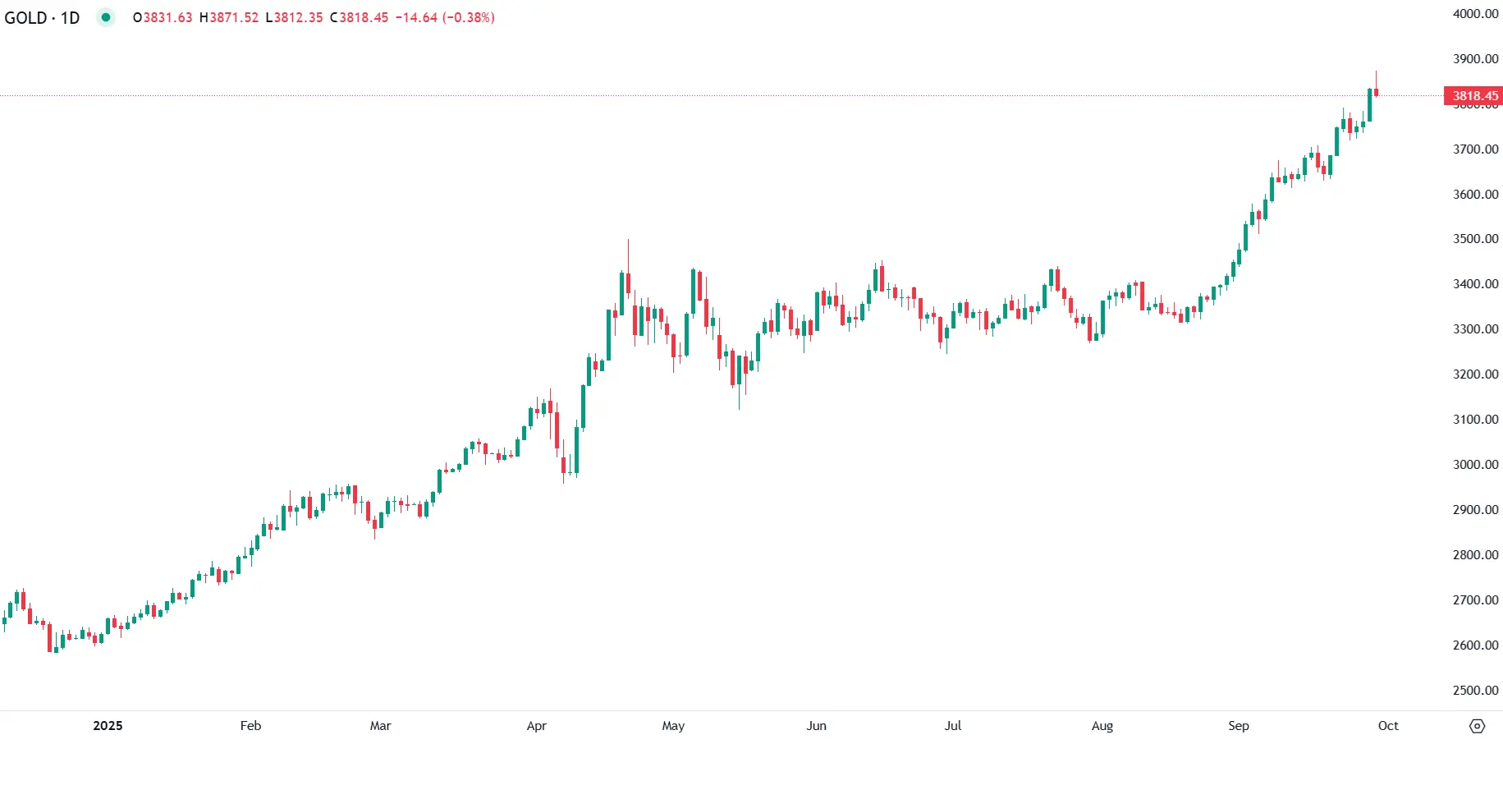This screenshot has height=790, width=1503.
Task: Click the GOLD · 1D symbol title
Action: [x=42, y=18]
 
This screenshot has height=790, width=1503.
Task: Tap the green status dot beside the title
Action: [x=106, y=17]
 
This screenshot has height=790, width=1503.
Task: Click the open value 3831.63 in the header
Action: [x=167, y=18]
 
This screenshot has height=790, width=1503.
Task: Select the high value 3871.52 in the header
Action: [x=234, y=18]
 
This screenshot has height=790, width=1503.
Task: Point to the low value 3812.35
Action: [x=298, y=18]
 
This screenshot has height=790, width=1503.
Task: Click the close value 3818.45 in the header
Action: [x=364, y=18]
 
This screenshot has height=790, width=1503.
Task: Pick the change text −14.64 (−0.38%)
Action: [x=445, y=18]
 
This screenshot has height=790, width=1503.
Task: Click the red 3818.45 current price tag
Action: [x=1474, y=96]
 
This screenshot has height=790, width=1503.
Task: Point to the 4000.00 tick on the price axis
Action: [x=1475, y=14]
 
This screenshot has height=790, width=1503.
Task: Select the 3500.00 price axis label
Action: [x=1475, y=239]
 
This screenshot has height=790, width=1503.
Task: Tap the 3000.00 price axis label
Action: [x=1475, y=465]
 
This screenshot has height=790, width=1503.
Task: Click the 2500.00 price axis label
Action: [x=1475, y=691]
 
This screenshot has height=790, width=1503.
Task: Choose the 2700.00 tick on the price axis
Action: [x=1475, y=600]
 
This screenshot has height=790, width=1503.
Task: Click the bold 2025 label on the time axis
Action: [x=108, y=726]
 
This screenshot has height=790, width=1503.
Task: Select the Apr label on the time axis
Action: [x=536, y=726]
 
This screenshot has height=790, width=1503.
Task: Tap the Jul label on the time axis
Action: [x=952, y=726]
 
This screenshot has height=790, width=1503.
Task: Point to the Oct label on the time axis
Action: [x=1388, y=726]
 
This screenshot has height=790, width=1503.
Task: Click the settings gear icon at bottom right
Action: [x=1477, y=726]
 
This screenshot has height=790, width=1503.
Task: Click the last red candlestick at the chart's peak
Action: [x=1376, y=92]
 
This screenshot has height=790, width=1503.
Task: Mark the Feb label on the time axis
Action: [x=250, y=726]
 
